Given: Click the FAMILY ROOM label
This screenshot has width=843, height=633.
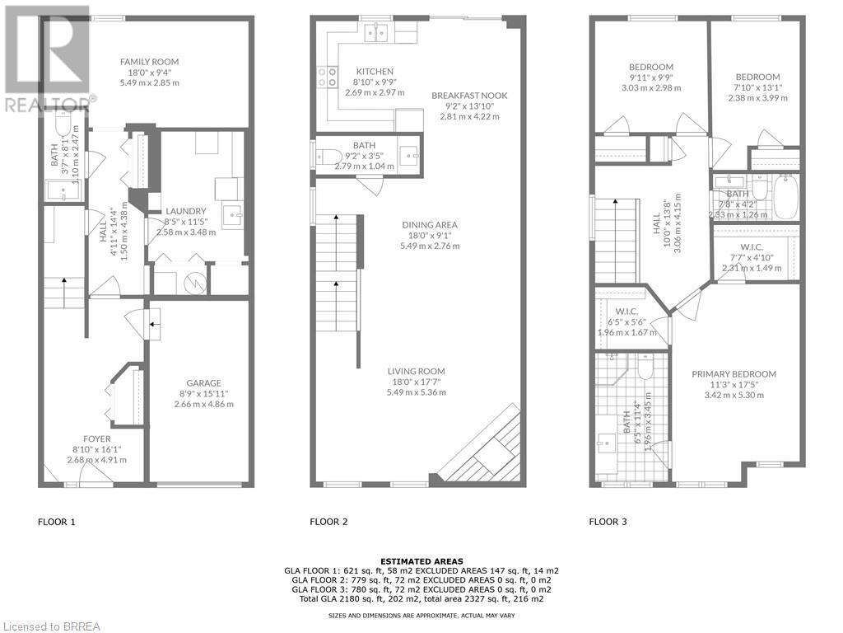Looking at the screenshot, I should coord(149,62).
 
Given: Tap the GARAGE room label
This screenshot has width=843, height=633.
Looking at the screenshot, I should coord(203,383).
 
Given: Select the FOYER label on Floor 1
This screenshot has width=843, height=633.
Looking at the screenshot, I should coord(96,438).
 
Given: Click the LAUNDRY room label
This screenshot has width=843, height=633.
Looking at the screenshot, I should coord(185,211).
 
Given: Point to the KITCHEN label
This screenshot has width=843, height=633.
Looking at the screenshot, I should coord(375,72).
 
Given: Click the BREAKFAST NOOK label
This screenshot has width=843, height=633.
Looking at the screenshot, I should coord(469,96).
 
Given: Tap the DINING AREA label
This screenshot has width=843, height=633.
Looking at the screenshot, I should coord(429,225).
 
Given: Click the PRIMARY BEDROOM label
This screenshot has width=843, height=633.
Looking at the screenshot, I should coord(734,374).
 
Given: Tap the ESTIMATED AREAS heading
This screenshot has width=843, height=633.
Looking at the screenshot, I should coord(421,560).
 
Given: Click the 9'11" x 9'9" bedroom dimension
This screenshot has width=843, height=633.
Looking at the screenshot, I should coord(651,77).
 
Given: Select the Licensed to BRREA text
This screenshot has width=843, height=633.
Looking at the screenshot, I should coord(51,626).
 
